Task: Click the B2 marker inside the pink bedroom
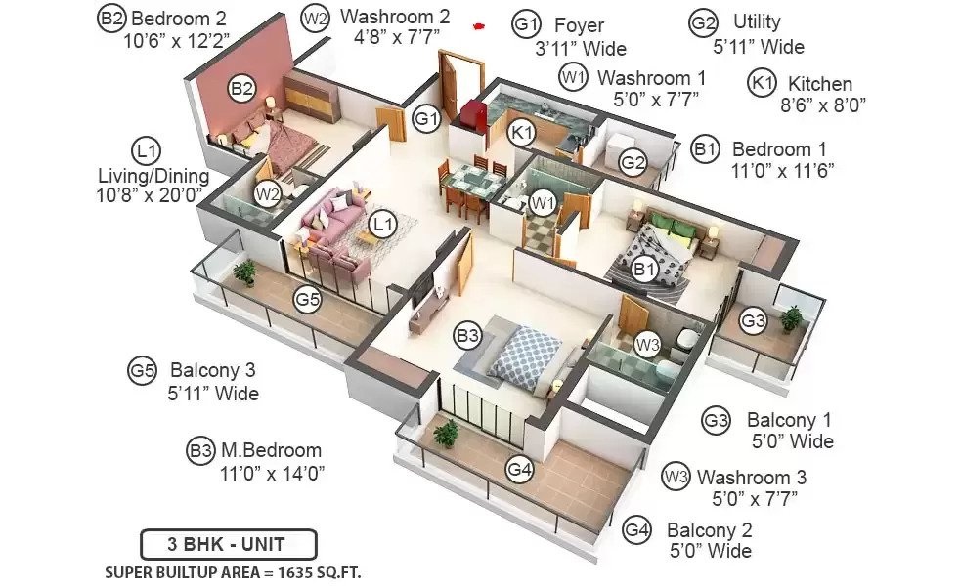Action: click(241, 89)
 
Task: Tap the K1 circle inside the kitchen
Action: click(522, 132)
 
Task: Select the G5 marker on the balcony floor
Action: click(307, 299)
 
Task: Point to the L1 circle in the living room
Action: click(382, 224)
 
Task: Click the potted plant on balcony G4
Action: click(447, 433)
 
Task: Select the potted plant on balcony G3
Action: click(792, 318)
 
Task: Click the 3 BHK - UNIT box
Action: click(229, 544)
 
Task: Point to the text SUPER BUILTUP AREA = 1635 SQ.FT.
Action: click(233, 573)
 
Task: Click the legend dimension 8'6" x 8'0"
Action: click(822, 105)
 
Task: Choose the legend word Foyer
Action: click(579, 25)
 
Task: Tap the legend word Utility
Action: click(757, 22)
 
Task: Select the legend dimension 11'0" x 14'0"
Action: click(272, 473)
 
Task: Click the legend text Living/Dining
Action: click(153, 176)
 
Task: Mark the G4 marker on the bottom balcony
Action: click(519, 470)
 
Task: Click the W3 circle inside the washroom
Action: click(647, 345)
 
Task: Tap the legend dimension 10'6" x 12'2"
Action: click(176, 41)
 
